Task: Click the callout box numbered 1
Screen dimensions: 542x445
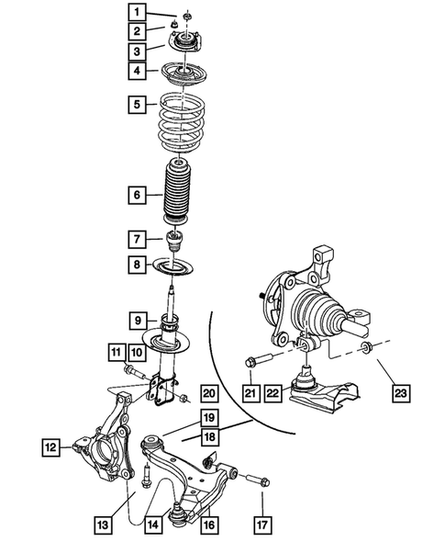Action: [135, 13]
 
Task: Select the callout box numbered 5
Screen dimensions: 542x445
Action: [135, 105]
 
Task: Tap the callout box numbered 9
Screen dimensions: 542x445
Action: [135, 321]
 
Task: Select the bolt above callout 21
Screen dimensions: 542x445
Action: [261, 361]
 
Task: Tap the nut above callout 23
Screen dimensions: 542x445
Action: [368, 347]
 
